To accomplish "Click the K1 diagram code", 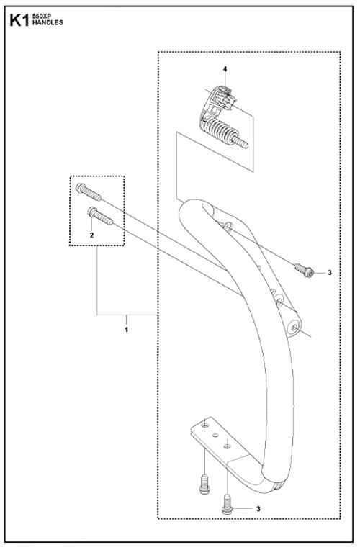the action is [19, 20].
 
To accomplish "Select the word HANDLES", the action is [48, 22].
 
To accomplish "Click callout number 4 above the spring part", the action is [225, 69].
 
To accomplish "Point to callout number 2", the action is [92, 235].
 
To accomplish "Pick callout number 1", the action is [126, 330].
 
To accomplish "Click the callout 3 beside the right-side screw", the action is [330, 272].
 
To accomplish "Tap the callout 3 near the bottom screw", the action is [258, 509].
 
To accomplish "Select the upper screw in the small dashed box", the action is [89, 192].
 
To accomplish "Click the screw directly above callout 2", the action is [100, 216].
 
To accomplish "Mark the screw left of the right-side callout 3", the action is [304, 270].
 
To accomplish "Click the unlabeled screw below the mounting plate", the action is [204, 484].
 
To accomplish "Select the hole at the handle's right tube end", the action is [294, 328].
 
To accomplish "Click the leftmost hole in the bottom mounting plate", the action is [205, 425].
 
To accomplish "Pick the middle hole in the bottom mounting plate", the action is [215, 435].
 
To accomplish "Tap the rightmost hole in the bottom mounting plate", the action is [228, 446].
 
